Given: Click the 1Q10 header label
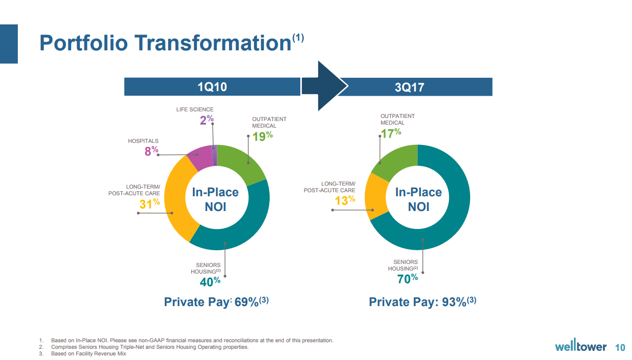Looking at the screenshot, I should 212,87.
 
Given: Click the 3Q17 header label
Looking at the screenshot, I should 409,87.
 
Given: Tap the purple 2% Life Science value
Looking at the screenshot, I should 207,120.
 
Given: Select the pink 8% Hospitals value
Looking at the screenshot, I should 151,151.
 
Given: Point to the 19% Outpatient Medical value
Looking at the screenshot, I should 263,136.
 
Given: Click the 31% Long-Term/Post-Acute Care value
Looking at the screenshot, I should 150,203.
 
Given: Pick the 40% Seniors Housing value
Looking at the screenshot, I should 210,281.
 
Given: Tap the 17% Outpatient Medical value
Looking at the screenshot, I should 391,133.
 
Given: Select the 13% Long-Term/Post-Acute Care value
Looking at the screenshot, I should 344,200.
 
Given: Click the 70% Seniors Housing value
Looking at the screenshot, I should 407,278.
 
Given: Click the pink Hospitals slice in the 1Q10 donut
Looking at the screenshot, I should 200,158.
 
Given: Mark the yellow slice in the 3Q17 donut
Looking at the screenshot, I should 375,196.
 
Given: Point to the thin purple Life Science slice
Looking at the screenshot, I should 215,155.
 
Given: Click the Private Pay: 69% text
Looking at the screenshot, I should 216,302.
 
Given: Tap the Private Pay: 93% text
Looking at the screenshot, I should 422,302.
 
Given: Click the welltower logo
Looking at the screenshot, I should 581,347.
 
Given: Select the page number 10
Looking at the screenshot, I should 620,347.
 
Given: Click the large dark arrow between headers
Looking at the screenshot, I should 324,86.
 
